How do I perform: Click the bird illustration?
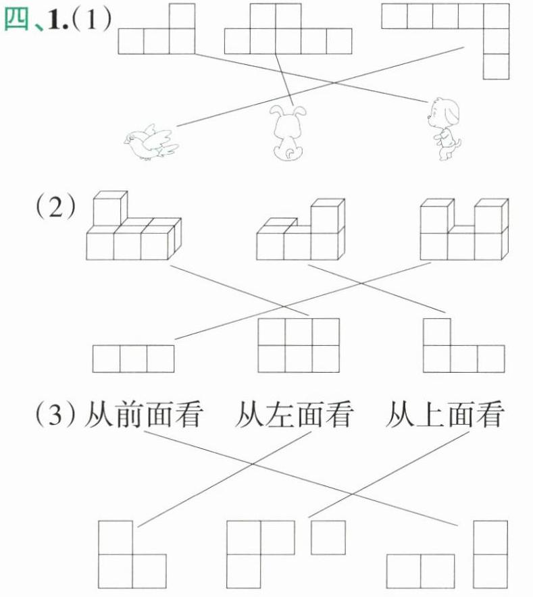(150, 142)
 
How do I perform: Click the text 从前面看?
(143, 413)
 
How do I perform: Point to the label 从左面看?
(293, 413)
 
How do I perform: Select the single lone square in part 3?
(328, 537)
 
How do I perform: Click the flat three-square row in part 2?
(133, 359)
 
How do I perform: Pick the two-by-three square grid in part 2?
(299, 345)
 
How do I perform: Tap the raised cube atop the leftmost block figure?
(109, 209)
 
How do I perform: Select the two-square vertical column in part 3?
(490, 554)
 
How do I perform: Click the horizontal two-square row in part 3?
(421, 571)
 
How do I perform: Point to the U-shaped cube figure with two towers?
(463, 230)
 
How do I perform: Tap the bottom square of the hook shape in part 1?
(496, 66)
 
